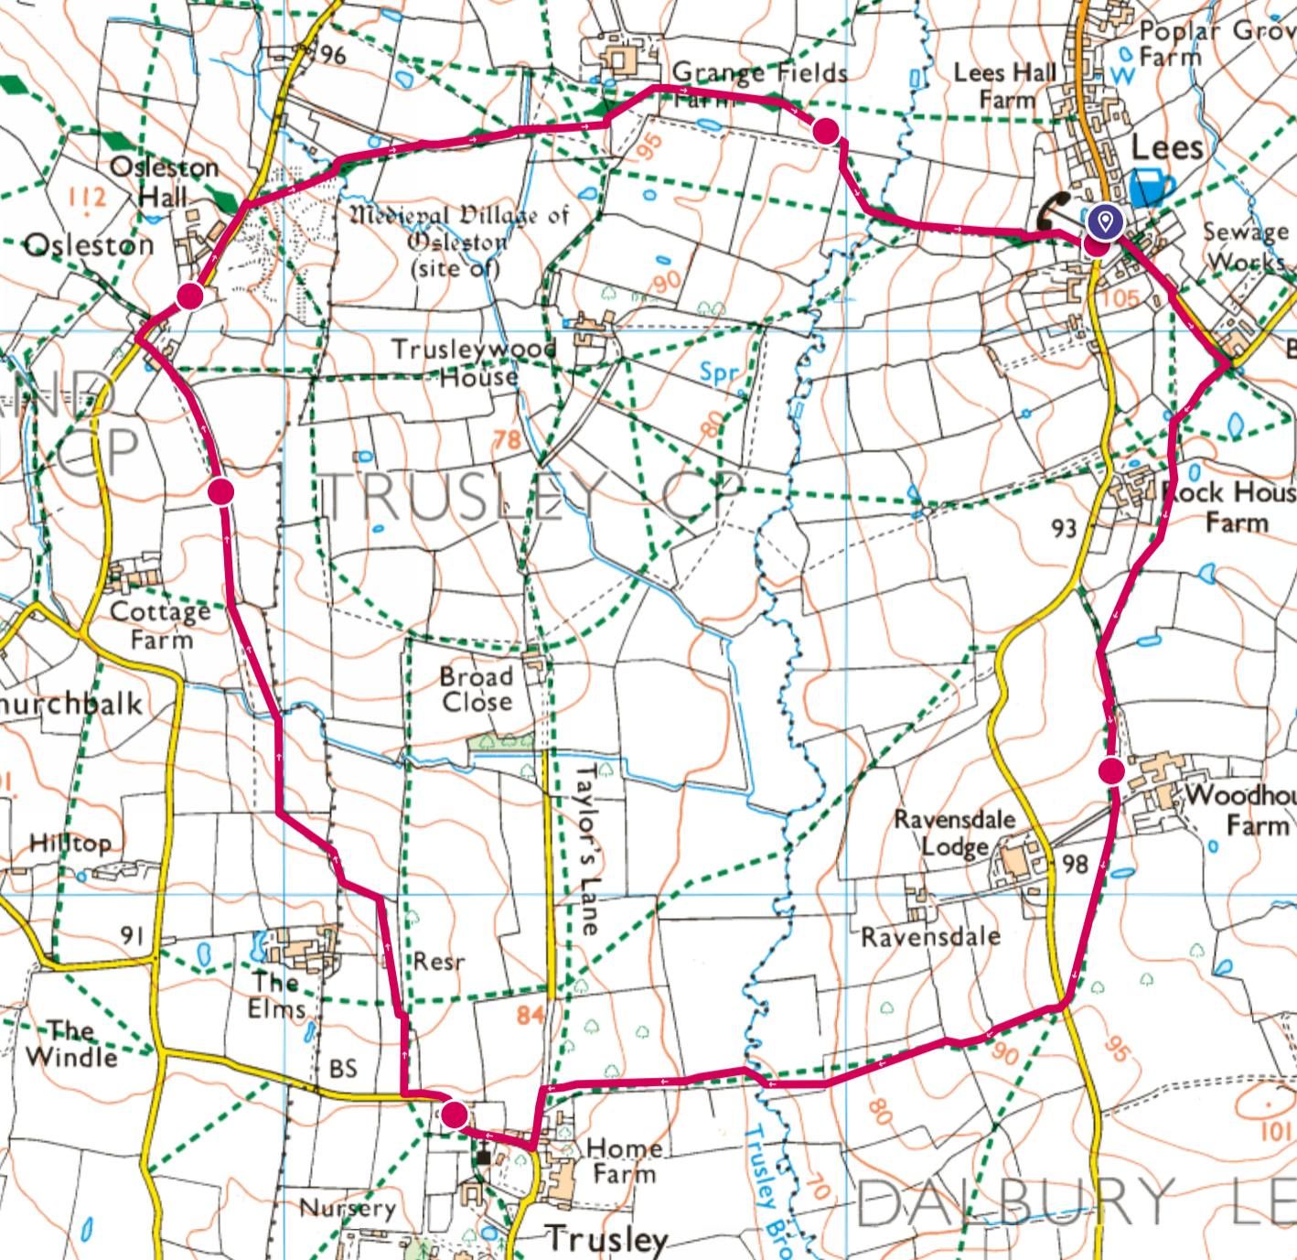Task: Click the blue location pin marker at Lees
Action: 1105,221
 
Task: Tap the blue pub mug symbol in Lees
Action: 1151,187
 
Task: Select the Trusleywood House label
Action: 475,362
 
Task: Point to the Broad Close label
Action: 476,689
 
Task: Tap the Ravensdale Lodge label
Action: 954,833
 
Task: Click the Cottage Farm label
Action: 160,624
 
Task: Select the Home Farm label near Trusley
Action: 624,1160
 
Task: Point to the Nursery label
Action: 348,1209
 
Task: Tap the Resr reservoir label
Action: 439,962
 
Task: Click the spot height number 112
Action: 87,197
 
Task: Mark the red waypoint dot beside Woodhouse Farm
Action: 1111,771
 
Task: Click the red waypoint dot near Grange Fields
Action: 826,131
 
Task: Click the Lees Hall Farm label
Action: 1004,85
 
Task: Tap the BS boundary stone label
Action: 343,1069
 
